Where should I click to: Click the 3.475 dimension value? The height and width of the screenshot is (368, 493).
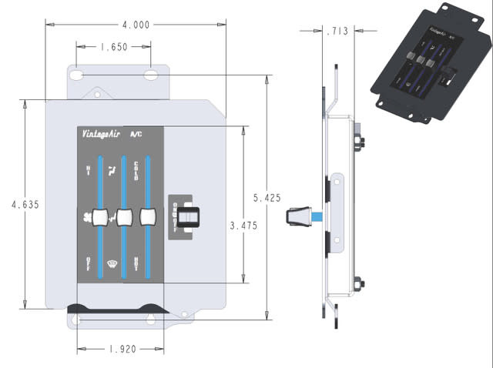point(244,226)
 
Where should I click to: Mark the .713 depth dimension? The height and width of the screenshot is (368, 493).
point(337,32)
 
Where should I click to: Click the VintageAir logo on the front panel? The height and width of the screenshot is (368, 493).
point(101,134)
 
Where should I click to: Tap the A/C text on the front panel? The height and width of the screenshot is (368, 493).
point(136,134)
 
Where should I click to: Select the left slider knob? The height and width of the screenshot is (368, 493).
point(98,218)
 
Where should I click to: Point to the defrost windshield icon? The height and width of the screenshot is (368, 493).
point(112,266)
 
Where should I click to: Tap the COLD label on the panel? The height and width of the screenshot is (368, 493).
point(136,167)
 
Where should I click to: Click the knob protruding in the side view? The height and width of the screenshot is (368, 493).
point(299,218)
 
